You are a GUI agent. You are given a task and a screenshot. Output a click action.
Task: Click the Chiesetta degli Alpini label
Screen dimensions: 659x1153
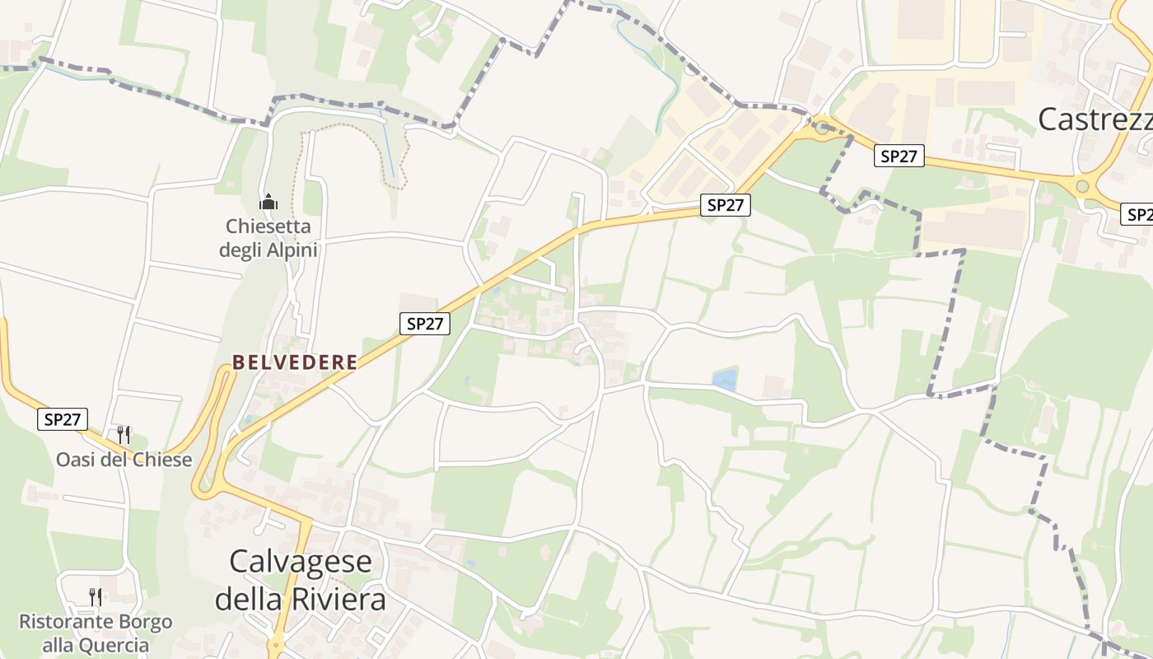(x=268, y=237)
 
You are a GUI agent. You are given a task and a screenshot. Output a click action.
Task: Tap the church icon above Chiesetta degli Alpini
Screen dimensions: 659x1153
(x=268, y=202)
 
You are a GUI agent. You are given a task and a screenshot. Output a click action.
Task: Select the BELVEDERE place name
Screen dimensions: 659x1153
(x=295, y=362)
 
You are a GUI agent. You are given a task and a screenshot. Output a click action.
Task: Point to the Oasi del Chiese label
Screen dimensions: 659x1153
(x=124, y=460)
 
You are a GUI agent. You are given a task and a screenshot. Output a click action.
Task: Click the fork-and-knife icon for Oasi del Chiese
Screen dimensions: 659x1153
(x=124, y=434)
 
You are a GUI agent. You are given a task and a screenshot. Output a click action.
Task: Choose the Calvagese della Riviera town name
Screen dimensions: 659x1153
(x=301, y=580)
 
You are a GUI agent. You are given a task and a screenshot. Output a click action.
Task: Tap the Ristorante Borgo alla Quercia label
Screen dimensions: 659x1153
(x=96, y=633)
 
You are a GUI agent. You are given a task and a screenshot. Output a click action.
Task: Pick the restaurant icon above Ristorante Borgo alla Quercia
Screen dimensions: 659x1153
(x=96, y=596)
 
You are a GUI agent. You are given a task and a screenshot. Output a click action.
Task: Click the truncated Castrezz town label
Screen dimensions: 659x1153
(x=1095, y=119)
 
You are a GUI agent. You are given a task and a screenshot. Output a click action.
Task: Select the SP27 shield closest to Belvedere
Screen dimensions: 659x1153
(x=425, y=324)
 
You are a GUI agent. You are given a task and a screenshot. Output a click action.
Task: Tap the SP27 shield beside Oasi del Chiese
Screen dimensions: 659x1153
(x=63, y=419)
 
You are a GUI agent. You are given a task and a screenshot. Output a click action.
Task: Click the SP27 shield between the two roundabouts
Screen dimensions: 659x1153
(x=899, y=156)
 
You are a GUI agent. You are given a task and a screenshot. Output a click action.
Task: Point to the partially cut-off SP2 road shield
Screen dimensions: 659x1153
(x=1138, y=215)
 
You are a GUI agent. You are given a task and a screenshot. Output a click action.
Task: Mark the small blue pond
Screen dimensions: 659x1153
(x=725, y=379)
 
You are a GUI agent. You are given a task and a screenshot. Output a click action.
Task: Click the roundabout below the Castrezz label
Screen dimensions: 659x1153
(x=1082, y=186)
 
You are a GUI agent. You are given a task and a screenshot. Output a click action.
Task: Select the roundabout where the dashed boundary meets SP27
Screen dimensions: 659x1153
(x=821, y=126)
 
